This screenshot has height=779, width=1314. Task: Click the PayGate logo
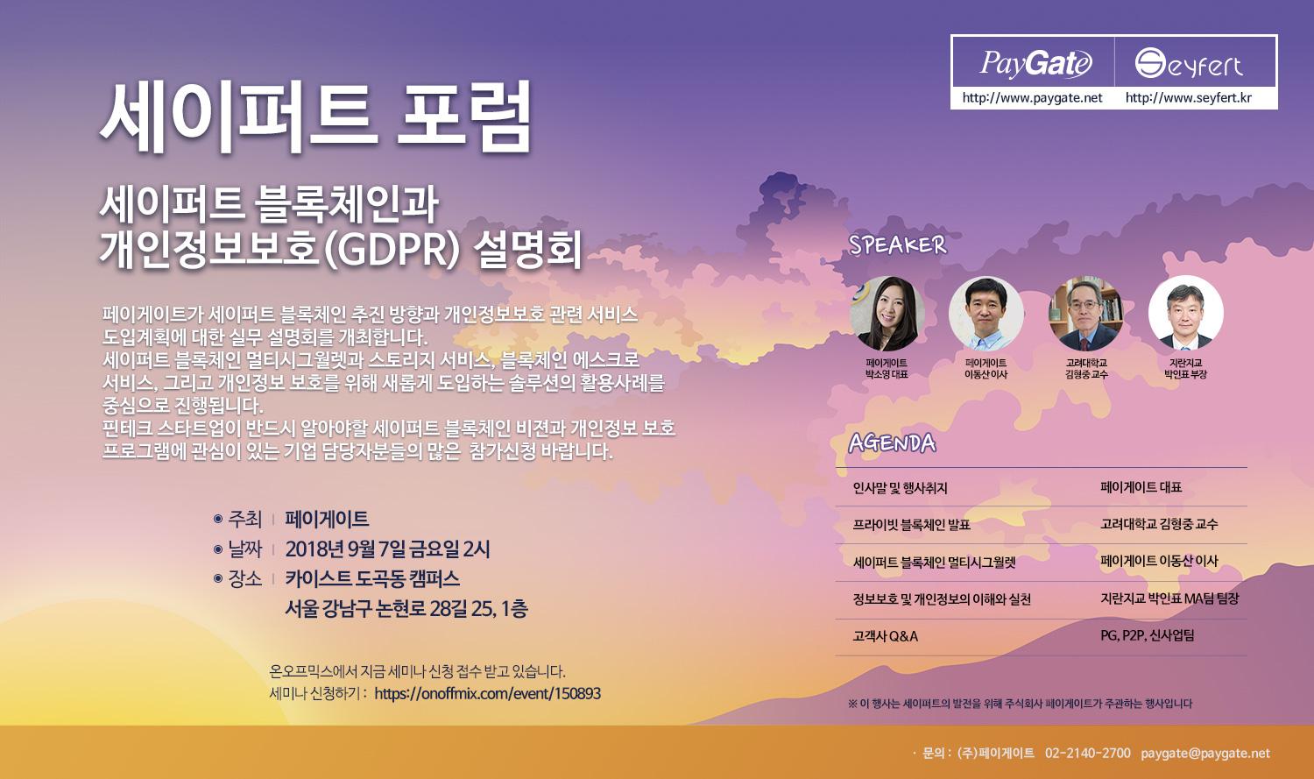pyautogui.click(x=1036, y=63)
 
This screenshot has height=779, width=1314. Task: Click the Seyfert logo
pyautogui.click(x=1189, y=63)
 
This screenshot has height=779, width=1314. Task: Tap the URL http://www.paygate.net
pyautogui.click(x=1033, y=98)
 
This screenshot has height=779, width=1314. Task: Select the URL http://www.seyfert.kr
pyautogui.click(x=1189, y=98)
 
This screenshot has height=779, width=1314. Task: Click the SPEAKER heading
pyautogui.click(x=898, y=245)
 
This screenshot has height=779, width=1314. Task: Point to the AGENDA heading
pyautogui.click(x=892, y=443)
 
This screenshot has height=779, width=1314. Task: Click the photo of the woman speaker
pyautogui.click(x=887, y=313)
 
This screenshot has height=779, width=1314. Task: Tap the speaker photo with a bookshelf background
pyautogui.click(x=1086, y=313)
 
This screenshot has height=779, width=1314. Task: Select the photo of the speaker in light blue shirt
pyautogui.click(x=986, y=313)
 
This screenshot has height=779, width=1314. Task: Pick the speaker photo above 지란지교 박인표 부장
pyautogui.click(x=1186, y=313)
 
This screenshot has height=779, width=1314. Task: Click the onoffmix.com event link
pyautogui.click(x=487, y=694)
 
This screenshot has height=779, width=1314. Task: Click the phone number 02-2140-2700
pyautogui.click(x=1088, y=754)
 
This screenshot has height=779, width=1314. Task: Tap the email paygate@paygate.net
pyautogui.click(x=1205, y=754)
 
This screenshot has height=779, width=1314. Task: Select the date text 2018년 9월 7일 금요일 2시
pyautogui.click(x=387, y=549)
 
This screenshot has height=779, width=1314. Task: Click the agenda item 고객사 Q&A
pyautogui.click(x=885, y=636)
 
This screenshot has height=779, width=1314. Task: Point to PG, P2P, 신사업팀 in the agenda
pyautogui.click(x=1147, y=635)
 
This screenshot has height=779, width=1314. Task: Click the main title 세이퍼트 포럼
pyautogui.click(x=315, y=117)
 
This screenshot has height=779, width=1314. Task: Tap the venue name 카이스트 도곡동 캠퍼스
pyautogui.click(x=372, y=579)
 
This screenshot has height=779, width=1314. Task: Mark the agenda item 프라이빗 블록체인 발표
pyautogui.click(x=911, y=524)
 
